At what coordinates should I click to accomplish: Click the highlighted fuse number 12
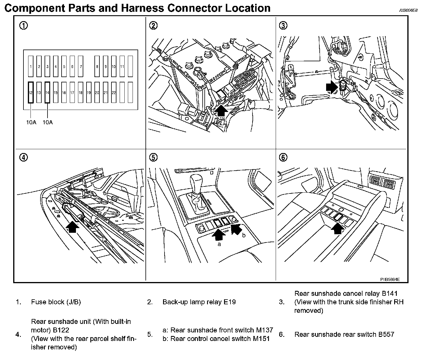pos(30,92)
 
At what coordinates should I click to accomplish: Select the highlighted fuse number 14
pos(47,92)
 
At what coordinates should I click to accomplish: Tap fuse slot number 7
pos(81,67)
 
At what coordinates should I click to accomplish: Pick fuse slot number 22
pos(114,92)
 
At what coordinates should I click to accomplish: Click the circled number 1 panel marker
pos(24,26)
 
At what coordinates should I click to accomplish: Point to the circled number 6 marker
pos(283,157)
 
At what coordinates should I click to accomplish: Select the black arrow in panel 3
pos(332,87)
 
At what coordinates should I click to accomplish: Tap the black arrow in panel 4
pos(73,227)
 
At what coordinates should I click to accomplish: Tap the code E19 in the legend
pos(230,302)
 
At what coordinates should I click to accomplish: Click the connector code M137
pos(262,330)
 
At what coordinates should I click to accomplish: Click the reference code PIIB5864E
pos(390,279)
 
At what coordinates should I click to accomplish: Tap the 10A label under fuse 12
pos(31,122)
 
